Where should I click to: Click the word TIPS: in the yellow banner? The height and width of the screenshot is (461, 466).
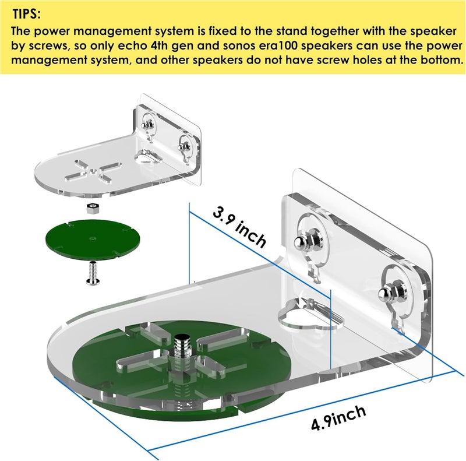coord(26,14)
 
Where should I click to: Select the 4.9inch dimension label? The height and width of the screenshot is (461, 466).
coord(338,417)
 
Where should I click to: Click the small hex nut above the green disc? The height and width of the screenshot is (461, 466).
coord(92,208)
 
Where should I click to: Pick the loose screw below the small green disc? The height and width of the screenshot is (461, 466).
coord(92,273)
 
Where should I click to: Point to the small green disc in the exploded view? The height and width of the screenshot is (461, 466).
coord(92,240)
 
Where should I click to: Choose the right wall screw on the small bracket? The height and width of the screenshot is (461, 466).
coord(183,146)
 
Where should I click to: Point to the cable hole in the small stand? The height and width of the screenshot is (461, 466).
coord(150,157)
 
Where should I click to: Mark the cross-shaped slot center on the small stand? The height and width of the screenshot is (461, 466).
coord(93,171)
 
